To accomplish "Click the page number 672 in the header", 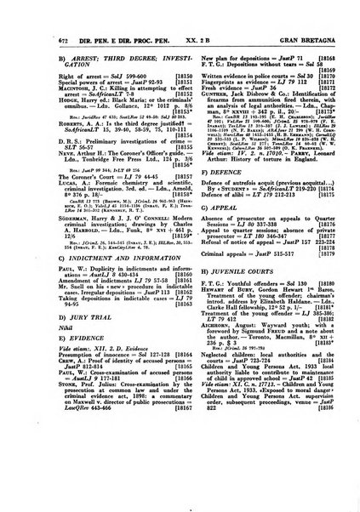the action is [x=44, y=28].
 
